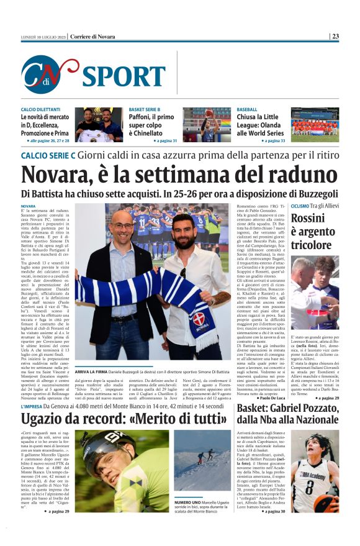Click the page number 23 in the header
coord(335,36)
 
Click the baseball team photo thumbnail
coord(315,125)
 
